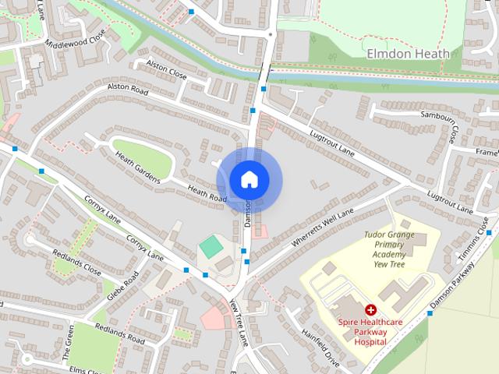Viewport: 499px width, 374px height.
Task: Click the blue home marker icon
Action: click(249, 179)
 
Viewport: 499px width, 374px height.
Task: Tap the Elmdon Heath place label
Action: click(409, 54)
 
